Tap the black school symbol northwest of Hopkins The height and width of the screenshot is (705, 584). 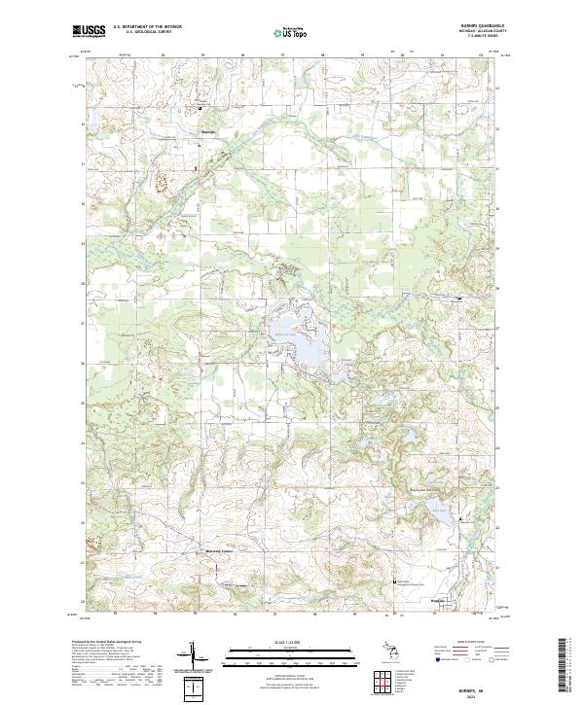click(394, 581)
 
